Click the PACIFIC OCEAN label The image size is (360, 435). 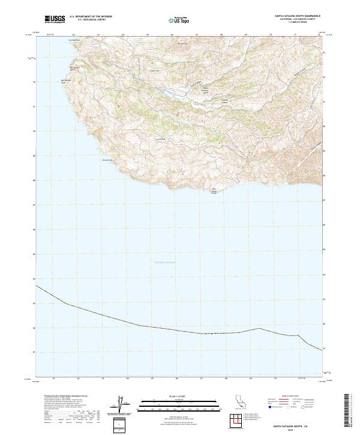point(160,262)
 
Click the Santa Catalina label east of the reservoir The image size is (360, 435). point(205,90)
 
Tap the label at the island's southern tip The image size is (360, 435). point(215,192)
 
